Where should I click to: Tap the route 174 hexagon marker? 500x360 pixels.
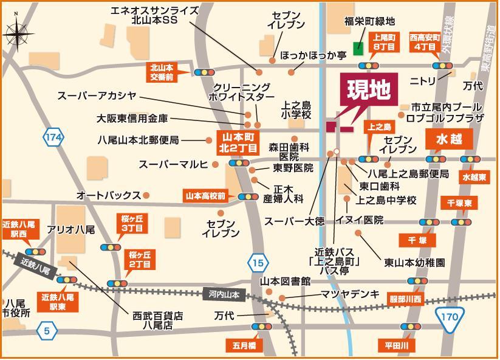click(x=53, y=138)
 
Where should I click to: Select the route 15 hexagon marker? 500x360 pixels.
click(x=258, y=263)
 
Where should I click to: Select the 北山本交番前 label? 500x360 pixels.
click(x=162, y=72)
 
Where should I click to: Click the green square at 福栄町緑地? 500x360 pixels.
click(x=358, y=48)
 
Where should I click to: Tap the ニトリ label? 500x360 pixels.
click(x=423, y=80)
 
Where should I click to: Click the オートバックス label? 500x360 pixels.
click(x=109, y=195)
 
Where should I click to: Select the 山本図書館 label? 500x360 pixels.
click(x=285, y=282)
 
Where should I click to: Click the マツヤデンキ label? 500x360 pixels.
click(x=350, y=294)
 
